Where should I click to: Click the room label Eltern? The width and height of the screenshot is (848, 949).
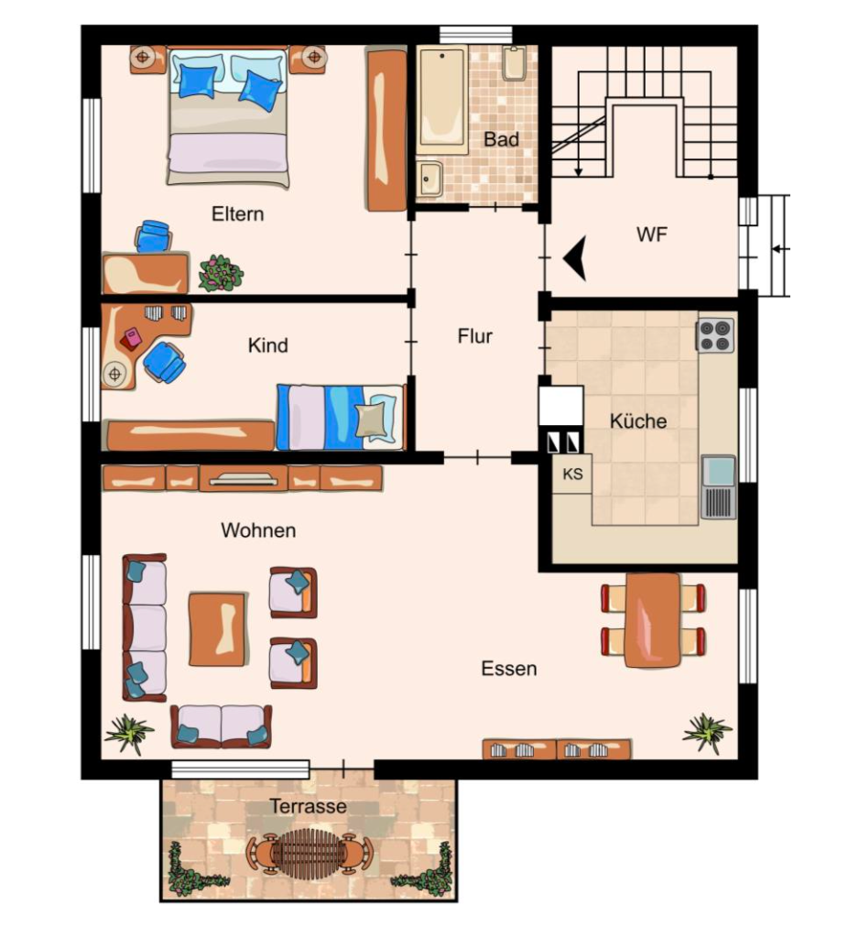tap(238, 214)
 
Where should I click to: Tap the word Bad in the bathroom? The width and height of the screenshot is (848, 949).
tap(502, 140)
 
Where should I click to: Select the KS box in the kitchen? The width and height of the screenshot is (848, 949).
tap(572, 474)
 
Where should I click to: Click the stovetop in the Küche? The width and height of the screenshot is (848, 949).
tap(715, 335)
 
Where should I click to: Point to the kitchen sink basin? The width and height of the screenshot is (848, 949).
tap(719, 472)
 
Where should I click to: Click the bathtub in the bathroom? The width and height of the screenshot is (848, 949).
tap(442, 100)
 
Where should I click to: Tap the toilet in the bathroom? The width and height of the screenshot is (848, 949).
tap(515, 63)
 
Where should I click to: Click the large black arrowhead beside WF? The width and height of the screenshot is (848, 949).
tap(575, 259)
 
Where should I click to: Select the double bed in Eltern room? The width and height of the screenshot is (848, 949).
tap(228, 118)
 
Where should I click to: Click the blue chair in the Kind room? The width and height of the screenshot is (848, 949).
tap(164, 362)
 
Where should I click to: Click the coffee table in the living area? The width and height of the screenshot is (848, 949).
tap(218, 629)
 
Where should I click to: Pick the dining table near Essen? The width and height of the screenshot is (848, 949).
tap(653, 620)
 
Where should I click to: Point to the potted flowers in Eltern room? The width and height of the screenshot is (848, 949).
tap(221, 273)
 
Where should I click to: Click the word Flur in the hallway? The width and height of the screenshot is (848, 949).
tap(474, 336)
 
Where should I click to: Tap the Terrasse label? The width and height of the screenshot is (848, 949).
tap(308, 806)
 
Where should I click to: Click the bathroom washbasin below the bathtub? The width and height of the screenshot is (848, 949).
tap(430, 179)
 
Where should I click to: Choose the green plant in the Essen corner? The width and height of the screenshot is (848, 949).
tap(706, 733)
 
